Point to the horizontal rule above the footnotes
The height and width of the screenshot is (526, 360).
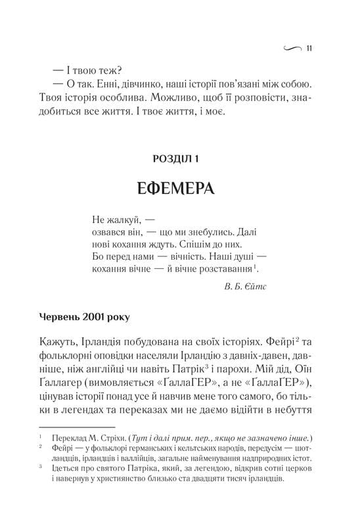pyautogui.click(x=68, y=427)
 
